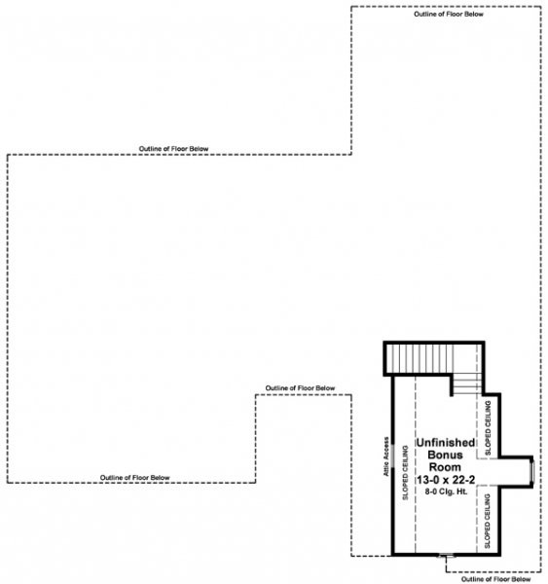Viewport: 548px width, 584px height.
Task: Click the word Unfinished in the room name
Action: (445, 443)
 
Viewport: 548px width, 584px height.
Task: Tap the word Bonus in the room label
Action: (445, 455)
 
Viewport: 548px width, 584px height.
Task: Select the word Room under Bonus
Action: (445, 467)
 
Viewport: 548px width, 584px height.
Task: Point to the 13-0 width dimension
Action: (428, 479)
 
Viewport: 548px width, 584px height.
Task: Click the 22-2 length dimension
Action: (463, 479)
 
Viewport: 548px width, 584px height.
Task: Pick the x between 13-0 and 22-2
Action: (445, 480)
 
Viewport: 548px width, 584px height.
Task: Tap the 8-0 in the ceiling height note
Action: (430, 492)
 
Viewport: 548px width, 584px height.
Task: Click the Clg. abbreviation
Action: (447, 492)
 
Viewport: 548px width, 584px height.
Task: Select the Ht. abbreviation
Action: (462, 492)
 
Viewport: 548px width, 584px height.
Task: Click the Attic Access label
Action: (386, 456)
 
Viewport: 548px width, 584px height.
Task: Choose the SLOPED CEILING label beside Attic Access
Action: (405, 472)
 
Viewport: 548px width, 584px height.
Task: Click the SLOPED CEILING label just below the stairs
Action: (488, 427)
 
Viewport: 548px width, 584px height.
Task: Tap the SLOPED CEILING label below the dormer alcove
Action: (488, 521)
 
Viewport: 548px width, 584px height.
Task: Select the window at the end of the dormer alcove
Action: (532, 471)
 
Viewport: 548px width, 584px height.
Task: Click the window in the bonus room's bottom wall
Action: (447, 556)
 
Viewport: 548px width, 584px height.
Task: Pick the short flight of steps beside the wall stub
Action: (467, 384)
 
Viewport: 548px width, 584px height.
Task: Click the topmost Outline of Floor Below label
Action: (449, 15)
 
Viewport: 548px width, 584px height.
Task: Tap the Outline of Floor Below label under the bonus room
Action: (495, 579)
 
